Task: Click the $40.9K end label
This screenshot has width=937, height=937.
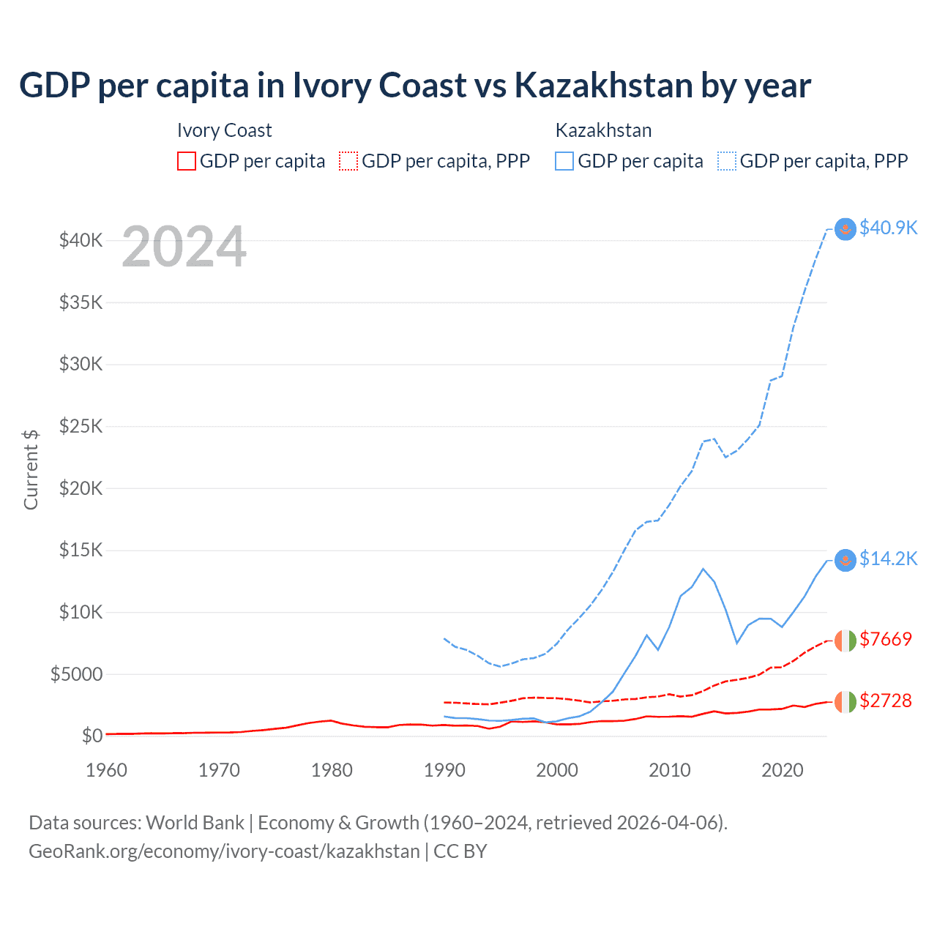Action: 888,228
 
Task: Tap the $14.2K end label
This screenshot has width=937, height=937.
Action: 888,559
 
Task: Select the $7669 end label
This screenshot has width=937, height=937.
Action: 886,639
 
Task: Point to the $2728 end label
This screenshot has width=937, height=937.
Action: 886,701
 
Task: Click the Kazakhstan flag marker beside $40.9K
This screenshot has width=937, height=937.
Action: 845,229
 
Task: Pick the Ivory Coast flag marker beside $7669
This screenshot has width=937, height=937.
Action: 845,641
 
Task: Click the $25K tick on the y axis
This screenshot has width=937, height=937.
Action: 81,426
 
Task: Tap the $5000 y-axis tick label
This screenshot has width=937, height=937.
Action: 76,674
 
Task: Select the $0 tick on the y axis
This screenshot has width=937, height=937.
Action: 92,735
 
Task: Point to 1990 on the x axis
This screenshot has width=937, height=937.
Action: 444,770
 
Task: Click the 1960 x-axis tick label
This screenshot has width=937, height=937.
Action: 107,770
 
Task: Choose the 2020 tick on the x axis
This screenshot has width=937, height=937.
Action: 783,770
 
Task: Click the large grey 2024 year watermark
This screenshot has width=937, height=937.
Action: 184,247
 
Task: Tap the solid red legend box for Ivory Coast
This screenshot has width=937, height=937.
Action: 187,161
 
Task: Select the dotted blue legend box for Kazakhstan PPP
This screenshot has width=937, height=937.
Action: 727,161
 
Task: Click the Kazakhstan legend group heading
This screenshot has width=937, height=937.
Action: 603,130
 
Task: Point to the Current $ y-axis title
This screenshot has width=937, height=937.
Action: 31,469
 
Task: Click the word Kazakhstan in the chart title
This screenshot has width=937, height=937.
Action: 603,85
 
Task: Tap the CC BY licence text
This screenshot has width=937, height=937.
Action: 460,851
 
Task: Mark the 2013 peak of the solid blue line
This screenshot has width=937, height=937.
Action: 703,569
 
